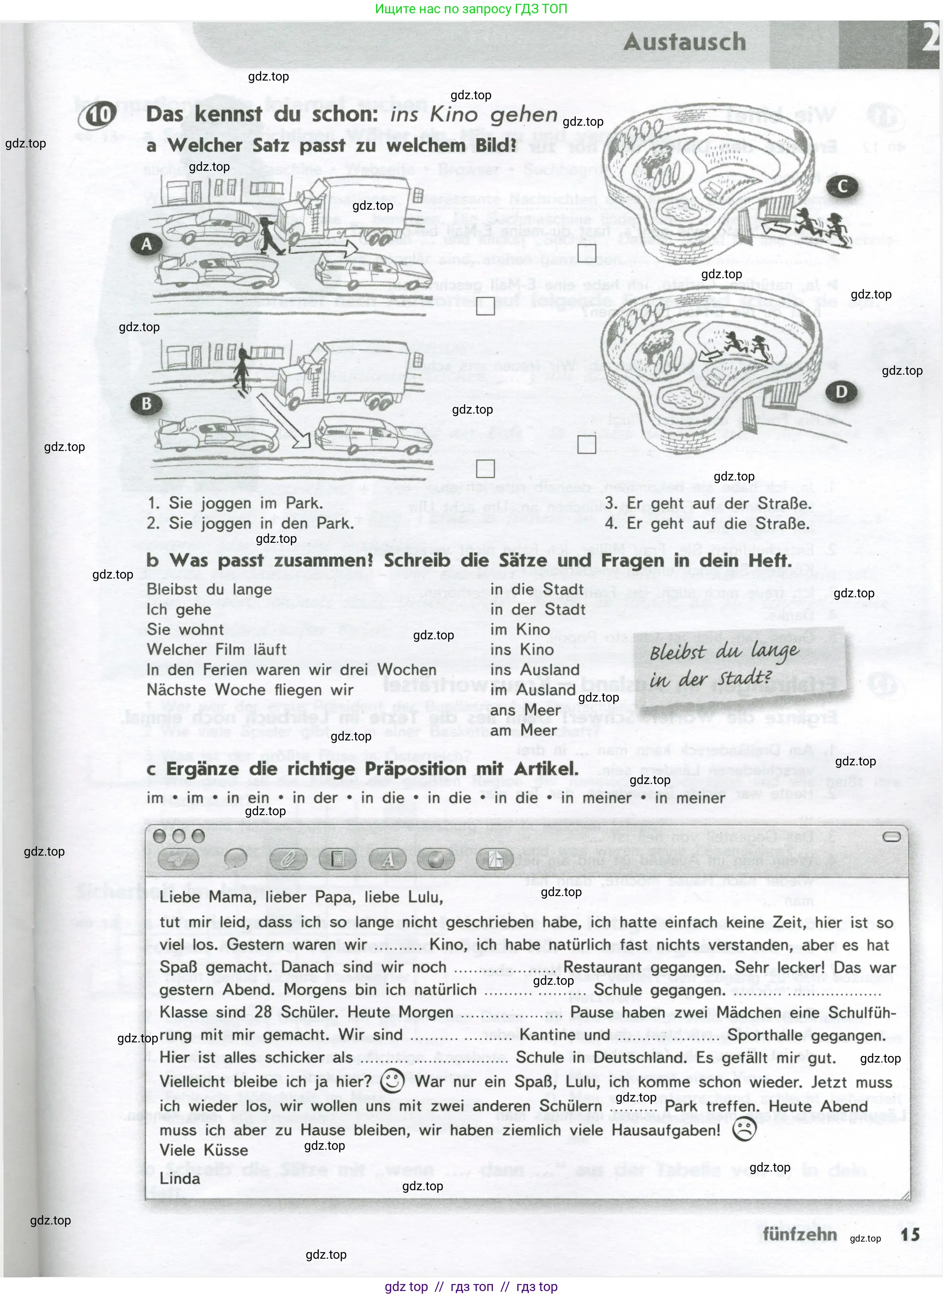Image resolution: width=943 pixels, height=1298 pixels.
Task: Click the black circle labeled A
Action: pos(146,244)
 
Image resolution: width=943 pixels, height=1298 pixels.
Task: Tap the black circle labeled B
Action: pos(146,403)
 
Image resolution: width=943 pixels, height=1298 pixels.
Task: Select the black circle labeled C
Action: pos(842,187)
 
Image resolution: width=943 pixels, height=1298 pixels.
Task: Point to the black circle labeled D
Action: pos(841,392)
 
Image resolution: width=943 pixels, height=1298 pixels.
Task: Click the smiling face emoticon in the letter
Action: pos(392,1081)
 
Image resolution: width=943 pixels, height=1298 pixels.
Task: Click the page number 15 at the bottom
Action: pos(909,1235)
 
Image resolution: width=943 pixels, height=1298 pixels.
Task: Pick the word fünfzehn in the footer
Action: pos(799,1235)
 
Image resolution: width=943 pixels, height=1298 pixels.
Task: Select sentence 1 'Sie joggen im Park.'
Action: pos(235,503)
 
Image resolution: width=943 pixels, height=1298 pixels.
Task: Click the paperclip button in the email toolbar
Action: pos(288,859)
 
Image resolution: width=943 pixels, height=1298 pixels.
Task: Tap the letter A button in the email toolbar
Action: pos(388,859)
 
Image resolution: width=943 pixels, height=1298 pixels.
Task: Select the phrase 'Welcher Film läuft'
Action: pos(216,649)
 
